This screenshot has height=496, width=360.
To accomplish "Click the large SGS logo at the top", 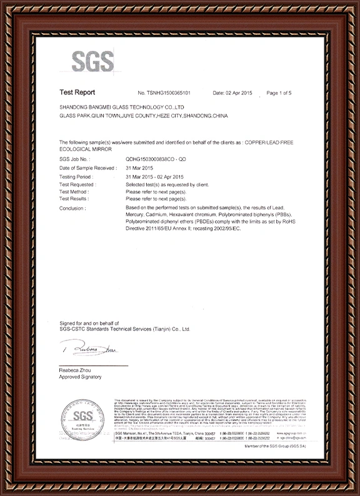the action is coord(92,61).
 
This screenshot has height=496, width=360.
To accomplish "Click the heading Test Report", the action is coord(77,92).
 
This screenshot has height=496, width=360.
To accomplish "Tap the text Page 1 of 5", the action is coord(279,92).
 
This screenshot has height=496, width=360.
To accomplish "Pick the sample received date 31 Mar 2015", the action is coord(139,169).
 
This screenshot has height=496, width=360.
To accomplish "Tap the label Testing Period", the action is coord(75,177).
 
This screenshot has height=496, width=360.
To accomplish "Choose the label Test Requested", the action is coord(77,185).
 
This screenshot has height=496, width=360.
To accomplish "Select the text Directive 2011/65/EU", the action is coord(151,228).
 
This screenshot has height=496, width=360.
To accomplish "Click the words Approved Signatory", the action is coord(80,379).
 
